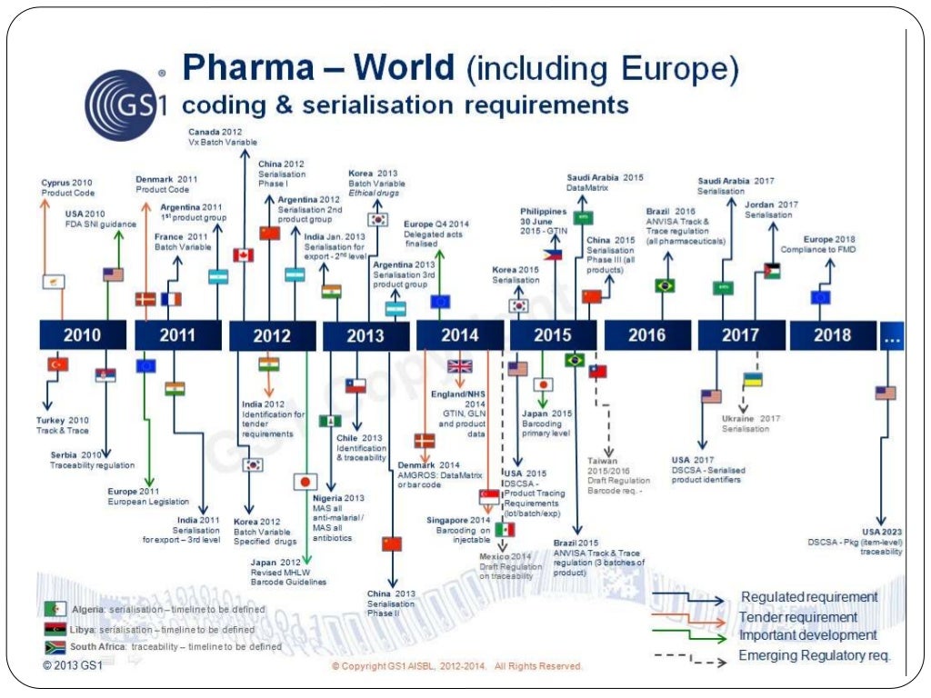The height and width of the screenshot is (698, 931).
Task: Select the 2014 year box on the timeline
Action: point(459,335)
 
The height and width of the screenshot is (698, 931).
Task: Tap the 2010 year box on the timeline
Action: point(83,335)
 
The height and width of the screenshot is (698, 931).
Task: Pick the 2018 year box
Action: point(832,335)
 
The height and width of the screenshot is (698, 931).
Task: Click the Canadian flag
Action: point(243,255)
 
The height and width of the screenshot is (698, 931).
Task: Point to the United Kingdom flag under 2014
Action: point(460,366)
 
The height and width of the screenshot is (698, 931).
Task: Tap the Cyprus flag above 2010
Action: point(54,282)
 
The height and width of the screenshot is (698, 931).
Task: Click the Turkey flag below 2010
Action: point(58,364)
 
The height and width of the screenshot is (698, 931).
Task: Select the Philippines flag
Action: point(553,255)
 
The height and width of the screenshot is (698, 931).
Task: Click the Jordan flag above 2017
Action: point(772,271)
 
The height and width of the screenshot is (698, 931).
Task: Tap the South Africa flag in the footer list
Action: point(55,647)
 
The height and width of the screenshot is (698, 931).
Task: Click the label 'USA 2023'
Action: point(881,532)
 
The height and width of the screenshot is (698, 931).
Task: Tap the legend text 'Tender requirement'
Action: point(798,617)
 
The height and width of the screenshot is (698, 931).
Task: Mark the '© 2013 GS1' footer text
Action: point(73,665)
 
